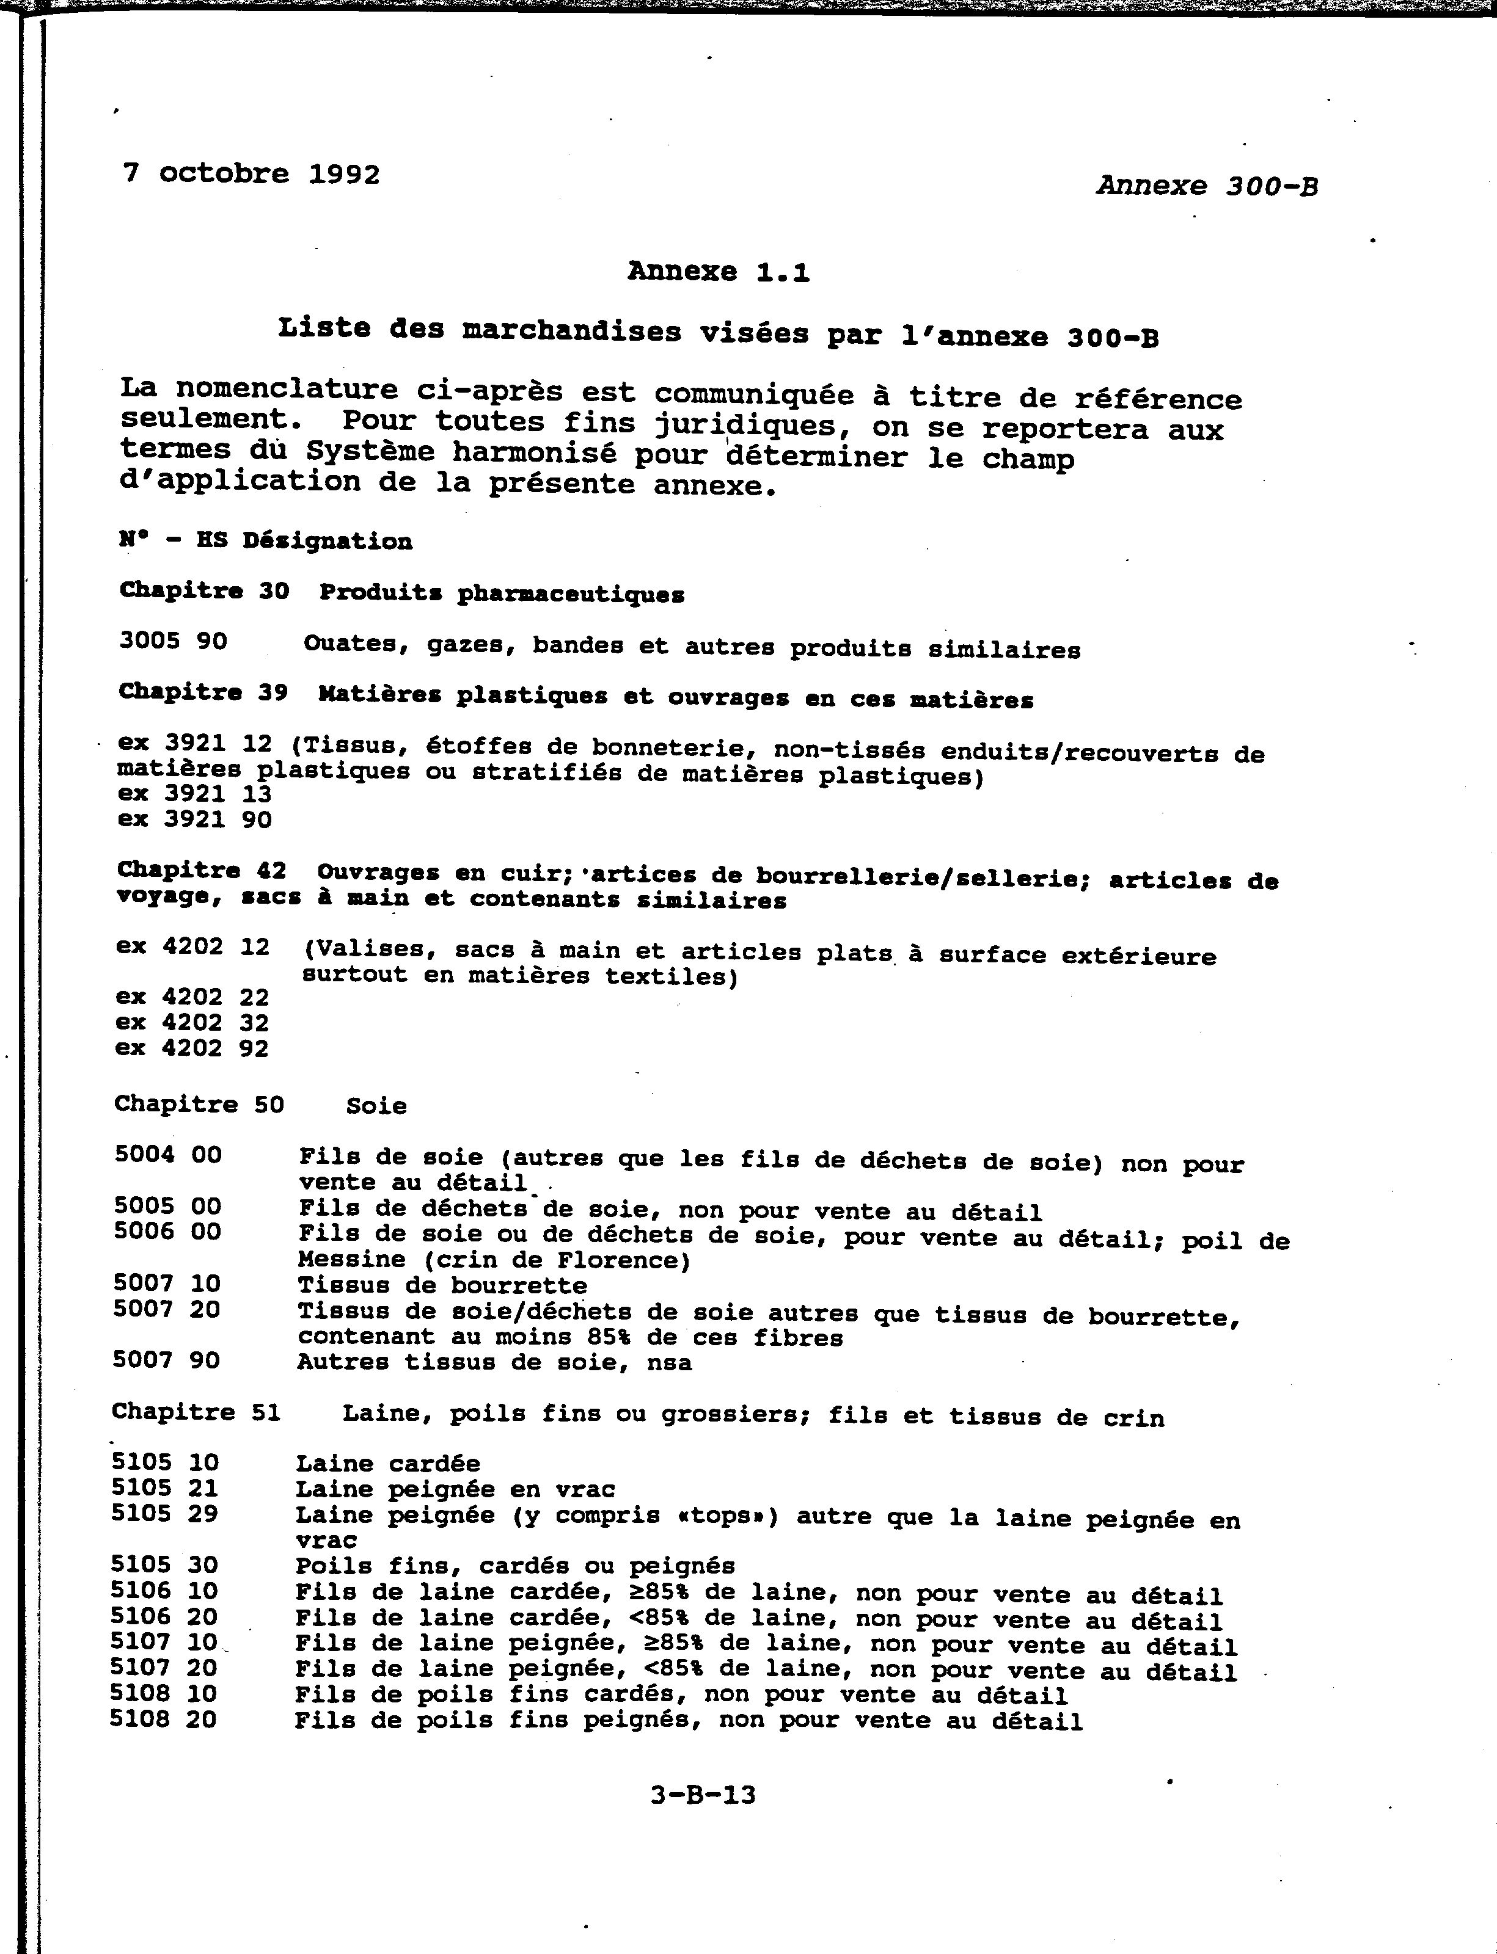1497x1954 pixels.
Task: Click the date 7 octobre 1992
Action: tap(251, 173)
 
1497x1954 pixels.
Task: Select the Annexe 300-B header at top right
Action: tap(1207, 186)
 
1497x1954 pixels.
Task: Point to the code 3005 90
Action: tap(173, 641)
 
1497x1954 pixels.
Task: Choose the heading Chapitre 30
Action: tap(204, 590)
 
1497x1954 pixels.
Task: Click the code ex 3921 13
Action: tap(194, 794)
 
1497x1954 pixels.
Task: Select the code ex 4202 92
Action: tap(192, 1048)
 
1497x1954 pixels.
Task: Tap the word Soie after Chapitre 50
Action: tap(376, 1106)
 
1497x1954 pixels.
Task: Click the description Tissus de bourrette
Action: tap(442, 1285)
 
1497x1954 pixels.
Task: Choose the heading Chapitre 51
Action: tap(196, 1412)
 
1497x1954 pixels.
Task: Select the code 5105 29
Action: tap(165, 1513)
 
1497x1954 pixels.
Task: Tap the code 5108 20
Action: tap(163, 1719)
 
